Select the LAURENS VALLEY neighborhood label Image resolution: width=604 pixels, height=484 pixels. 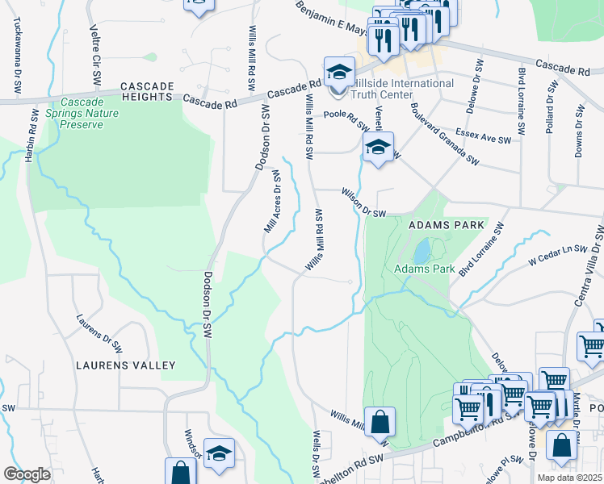pos(125,365)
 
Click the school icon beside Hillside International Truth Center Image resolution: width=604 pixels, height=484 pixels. pos(340,73)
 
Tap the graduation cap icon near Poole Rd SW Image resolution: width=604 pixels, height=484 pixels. pos(377,148)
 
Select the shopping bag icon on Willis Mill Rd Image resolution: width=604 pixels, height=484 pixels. pos(379,422)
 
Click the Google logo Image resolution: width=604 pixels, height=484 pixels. pos(27,474)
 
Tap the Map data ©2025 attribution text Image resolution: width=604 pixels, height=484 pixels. pos(568,478)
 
